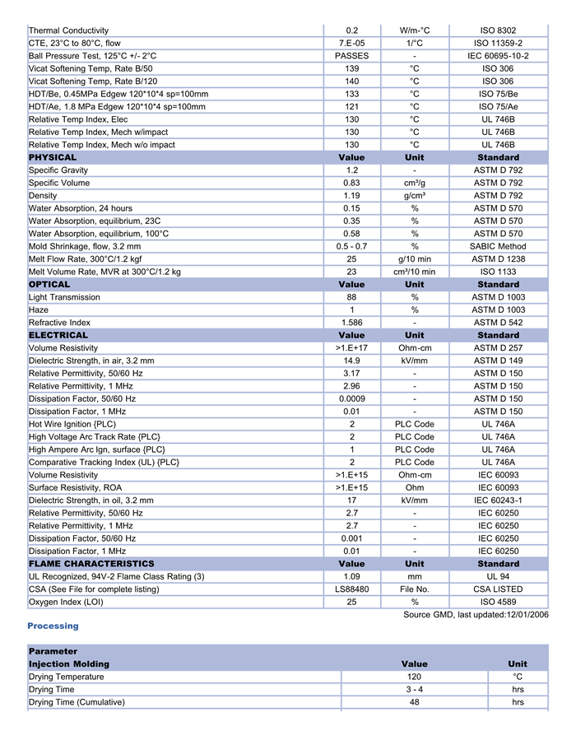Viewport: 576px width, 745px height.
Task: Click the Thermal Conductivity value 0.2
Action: (351, 30)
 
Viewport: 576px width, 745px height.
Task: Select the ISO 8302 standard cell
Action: (498, 30)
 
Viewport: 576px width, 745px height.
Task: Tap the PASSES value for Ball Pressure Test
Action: (351, 56)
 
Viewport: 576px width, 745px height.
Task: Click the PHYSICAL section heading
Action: (53, 157)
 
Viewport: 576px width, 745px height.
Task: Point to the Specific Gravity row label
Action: (59, 170)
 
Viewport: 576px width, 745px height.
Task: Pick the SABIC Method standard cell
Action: (498, 246)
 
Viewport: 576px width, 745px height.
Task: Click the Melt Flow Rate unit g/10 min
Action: (415, 259)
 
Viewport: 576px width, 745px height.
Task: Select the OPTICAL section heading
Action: (49, 285)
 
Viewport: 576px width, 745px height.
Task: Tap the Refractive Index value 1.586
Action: (351, 323)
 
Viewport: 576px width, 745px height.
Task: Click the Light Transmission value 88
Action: (351, 297)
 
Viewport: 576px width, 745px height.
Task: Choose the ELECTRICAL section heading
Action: (58, 335)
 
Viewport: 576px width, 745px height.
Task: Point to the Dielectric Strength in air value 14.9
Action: (351, 361)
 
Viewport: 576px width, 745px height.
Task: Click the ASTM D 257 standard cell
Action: (498, 348)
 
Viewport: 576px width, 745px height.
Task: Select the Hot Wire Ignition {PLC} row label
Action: (77, 424)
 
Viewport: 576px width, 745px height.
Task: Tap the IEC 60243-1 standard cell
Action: (498, 501)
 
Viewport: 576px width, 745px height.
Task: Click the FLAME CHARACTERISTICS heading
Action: (91, 564)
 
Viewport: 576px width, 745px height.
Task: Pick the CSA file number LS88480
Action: (351, 589)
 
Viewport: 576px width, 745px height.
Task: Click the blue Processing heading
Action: (53, 626)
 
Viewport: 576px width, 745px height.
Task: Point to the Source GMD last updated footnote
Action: (476, 615)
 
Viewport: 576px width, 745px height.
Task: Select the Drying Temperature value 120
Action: (415, 677)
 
